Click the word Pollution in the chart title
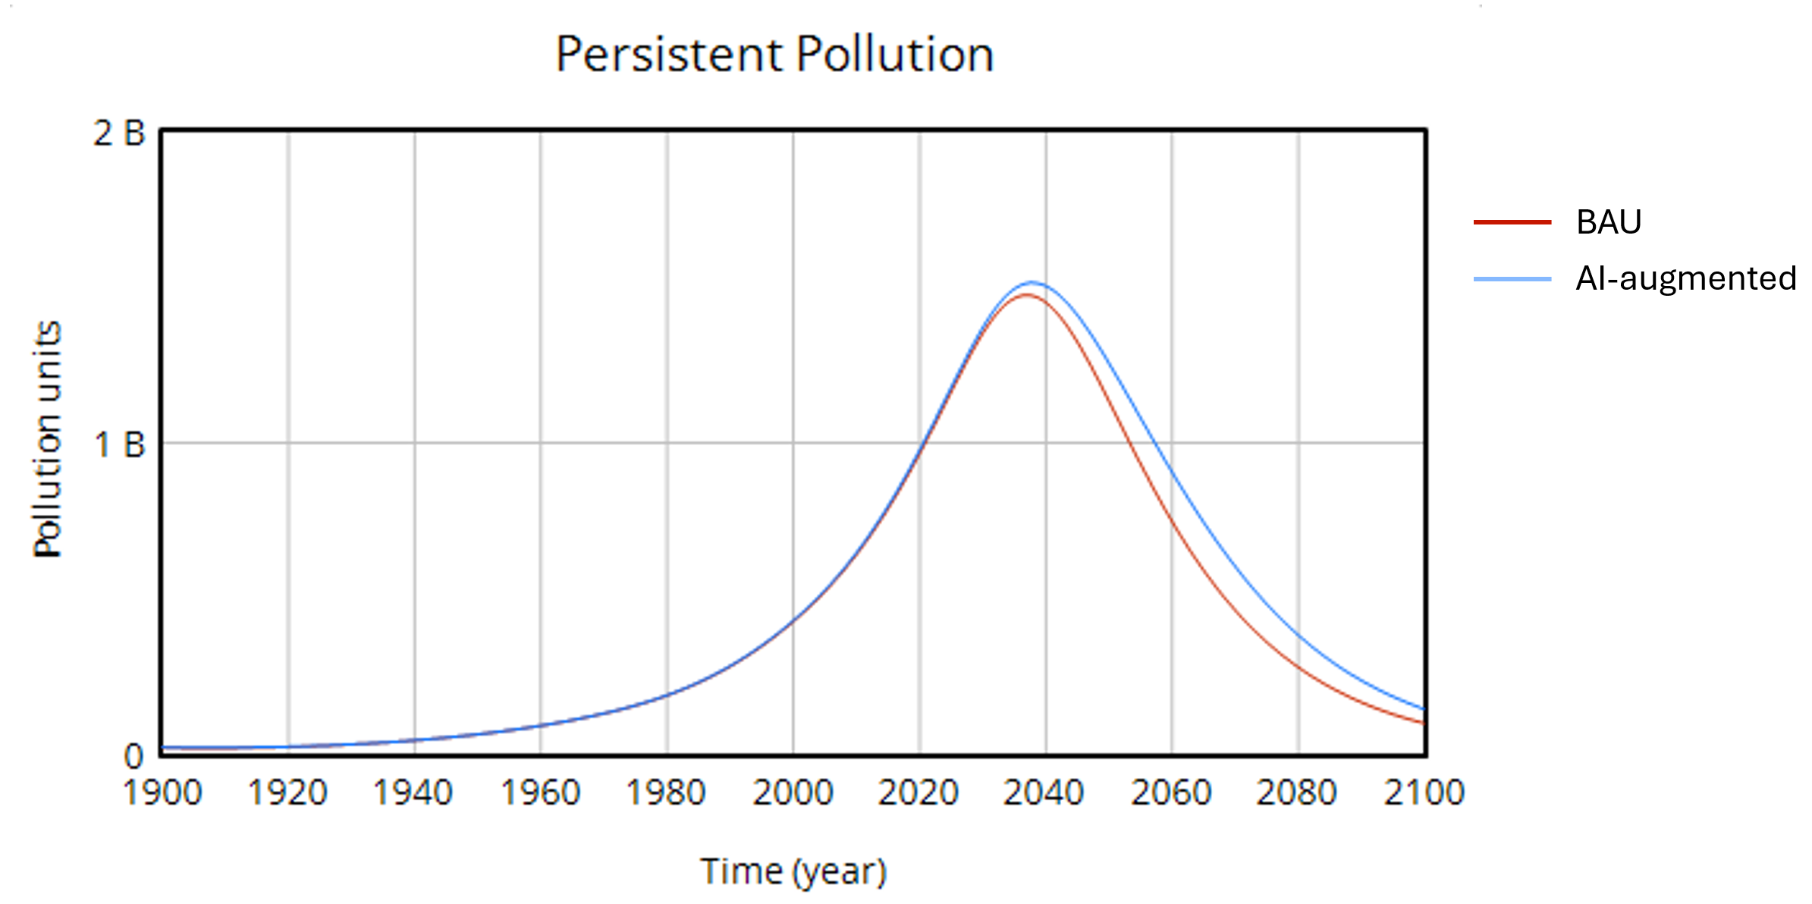click(894, 55)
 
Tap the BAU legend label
click(1608, 222)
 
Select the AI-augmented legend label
click(1685, 278)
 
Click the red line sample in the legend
click(1512, 222)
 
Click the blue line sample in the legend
click(1512, 279)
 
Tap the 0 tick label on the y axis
click(133, 756)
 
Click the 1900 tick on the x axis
click(162, 793)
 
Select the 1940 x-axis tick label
click(413, 793)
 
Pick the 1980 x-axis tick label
click(666, 793)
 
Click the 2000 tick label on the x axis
click(793, 793)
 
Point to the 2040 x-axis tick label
click(1044, 793)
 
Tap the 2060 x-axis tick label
click(1171, 793)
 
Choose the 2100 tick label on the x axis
click(1424, 793)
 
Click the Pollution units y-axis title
click(47, 440)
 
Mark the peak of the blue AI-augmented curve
click(1032, 283)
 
